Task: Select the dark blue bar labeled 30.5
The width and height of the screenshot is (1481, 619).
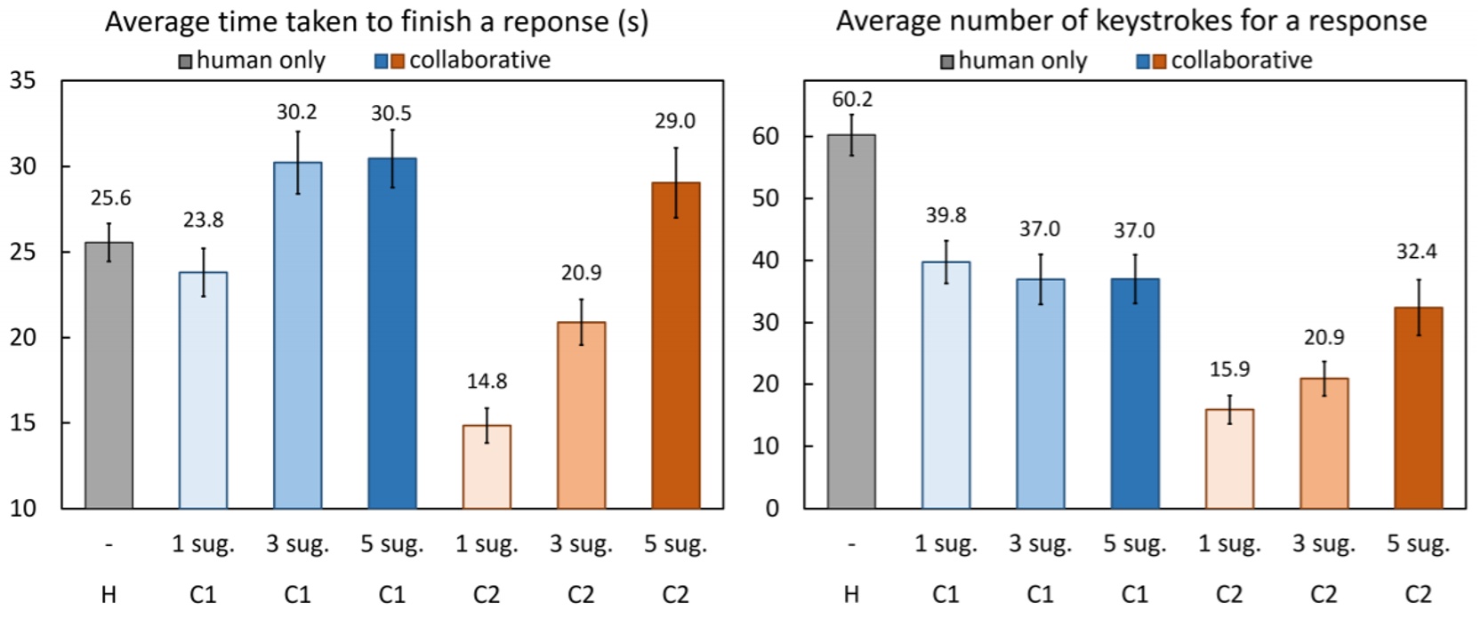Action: [x=391, y=334]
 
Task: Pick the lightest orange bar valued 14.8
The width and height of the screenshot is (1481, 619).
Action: [x=487, y=467]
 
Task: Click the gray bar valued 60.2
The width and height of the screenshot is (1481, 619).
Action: [x=851, y=320]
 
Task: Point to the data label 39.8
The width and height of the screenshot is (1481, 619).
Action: [x=945, y=215]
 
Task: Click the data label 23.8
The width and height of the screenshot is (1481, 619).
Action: [x=203, y=220]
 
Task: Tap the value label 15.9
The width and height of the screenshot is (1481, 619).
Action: [x=1229, y=369]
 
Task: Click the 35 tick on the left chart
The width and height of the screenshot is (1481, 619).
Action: [x=23, y=81]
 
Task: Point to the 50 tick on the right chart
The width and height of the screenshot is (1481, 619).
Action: [x=765, y=198]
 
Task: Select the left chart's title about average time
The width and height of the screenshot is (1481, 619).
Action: [x=376, y=21]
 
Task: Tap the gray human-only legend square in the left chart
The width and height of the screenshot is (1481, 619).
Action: [x=185, y=61]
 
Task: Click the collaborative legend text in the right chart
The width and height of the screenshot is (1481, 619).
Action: [x=1241, y=60]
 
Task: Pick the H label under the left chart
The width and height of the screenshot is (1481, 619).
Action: [x=109, y=594]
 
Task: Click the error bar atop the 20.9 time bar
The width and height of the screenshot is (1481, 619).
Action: [x=581, y=321]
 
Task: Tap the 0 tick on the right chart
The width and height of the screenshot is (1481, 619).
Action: [x=772, y=509]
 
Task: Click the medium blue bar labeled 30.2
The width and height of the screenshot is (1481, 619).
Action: [x=297, y=335]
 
